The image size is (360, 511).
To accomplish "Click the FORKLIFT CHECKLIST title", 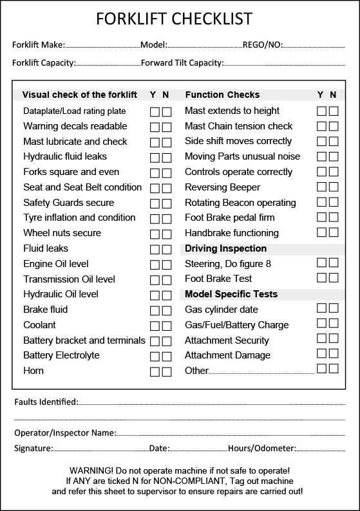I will (174, 19).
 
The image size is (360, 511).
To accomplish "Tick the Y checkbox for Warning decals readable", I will (155, 127).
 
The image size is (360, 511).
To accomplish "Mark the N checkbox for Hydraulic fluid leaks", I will (167, 157).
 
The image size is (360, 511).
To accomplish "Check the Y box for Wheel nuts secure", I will (155, 234).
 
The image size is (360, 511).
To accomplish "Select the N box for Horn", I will (167, 371).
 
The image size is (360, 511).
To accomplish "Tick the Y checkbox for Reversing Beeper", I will (321, 187).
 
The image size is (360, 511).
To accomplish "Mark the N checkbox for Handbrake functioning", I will (334, 232).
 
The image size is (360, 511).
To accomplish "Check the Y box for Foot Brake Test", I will (321, 278).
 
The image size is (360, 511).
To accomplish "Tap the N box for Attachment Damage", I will (334, 354).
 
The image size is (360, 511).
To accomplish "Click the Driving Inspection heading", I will (225, 248).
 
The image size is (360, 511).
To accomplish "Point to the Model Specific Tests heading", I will (231, 294).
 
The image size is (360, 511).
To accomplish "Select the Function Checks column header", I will (222, 95).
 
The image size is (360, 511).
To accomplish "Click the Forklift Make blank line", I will (102, 46).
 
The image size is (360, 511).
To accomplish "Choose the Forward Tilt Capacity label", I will (182, 63).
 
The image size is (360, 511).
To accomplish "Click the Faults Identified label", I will (46, 402).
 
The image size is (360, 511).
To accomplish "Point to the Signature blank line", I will (100, 449).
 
